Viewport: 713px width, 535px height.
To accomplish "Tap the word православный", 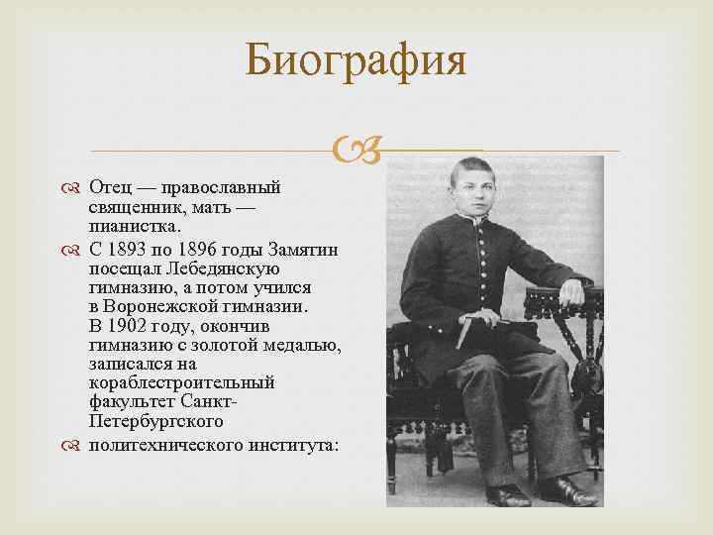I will click(221, 186).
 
